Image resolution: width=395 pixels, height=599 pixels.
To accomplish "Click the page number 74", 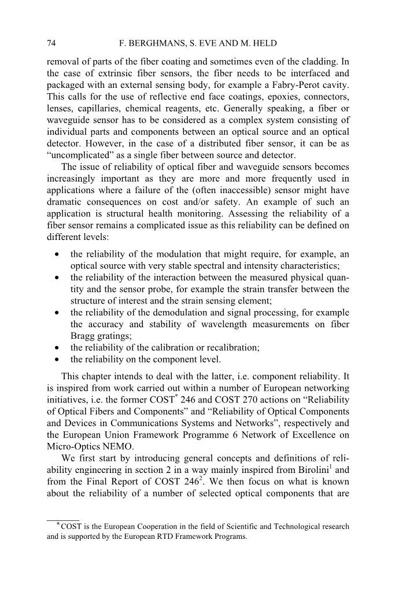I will pos(51,43).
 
